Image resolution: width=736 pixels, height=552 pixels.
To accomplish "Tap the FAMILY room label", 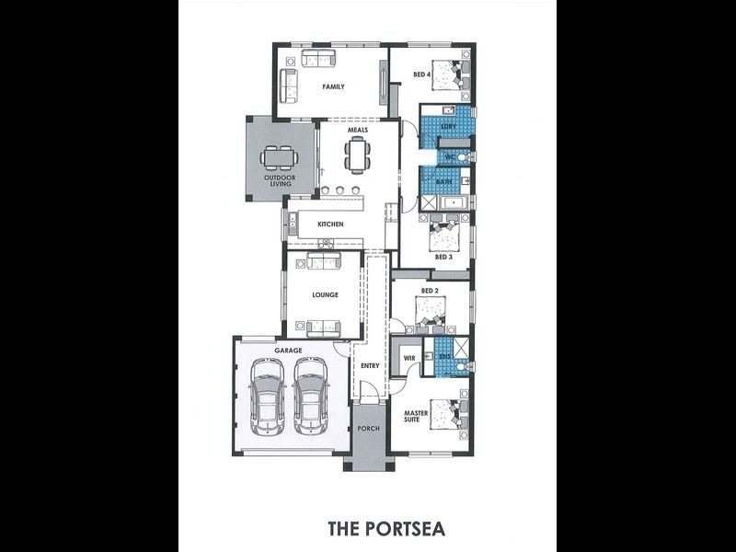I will click(x=333, y=87).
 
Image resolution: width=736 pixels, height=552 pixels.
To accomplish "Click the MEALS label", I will click(x=358, y=131).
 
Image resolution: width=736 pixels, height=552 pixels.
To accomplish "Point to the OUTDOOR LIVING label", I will click(x=280, y=180).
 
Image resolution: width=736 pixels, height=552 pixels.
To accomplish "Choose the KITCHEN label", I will click(x=330, y=224).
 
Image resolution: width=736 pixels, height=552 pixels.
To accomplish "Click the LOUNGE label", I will click(x=326, y=295).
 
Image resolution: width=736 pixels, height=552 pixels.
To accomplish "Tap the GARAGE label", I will click(x=288, y=351).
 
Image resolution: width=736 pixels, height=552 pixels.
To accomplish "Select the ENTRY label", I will click(x=370, y=366).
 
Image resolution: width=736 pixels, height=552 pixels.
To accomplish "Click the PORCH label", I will click(x=369, y=430).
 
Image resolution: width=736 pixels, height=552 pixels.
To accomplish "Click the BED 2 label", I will click(x=429, y=291).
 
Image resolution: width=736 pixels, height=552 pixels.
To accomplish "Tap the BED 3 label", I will click(x=443, y=257).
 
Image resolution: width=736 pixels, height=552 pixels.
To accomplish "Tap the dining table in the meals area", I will click(x=357, y=155).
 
